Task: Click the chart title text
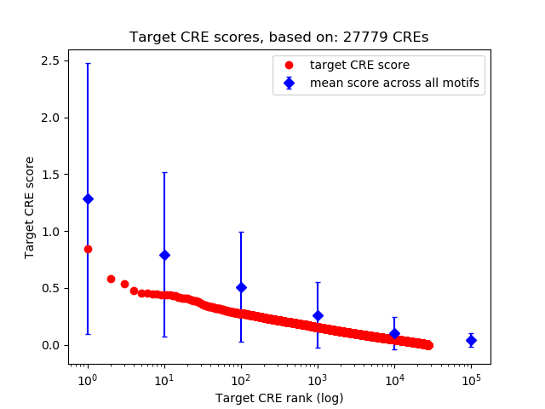pos(279,37)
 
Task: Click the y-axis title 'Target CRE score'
pos(29,207)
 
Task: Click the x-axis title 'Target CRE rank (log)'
pos(279,398)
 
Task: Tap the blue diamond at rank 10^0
pos(88,199)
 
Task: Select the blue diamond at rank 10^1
pos(164,255)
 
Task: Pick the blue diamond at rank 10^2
pos(241,287)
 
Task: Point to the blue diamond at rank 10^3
pos(318,315)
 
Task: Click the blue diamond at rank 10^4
pos(394,333)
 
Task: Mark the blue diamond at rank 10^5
pos(471,340)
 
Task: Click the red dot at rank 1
pos(88,249)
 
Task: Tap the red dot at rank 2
pos(111,279)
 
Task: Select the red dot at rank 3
pos(124,284)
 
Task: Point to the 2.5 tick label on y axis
pos(48,60)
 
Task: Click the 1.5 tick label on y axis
pos(48,175)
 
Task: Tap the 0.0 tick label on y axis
pos(48,345)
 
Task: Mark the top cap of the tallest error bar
pos(88,63)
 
